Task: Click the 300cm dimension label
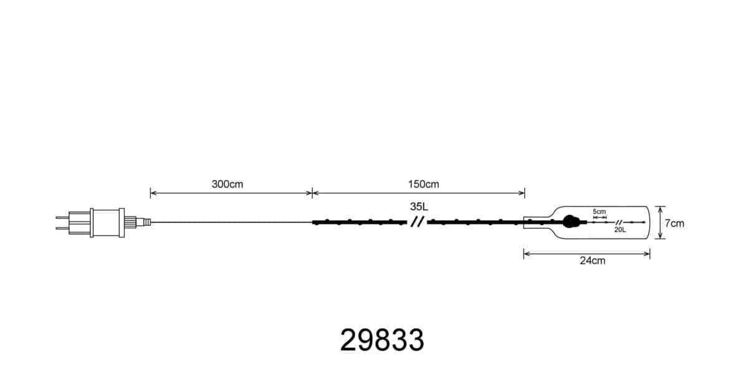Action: pyautogui.click(x=228, y=185)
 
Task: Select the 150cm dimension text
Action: pyautogui.click(x=424, y=185)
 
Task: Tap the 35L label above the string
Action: pyautogui.click(x=420, y=206)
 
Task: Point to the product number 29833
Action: pyautogui.click(x=382, y=341)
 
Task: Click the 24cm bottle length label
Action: pyautogui.click(x=592, y=261)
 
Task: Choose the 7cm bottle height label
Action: pyautogui.click(x=674, y=223)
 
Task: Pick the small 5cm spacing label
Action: pyautogui.click(x=599, y=211)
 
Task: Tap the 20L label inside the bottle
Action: pyautogui.click(x=620, y=230)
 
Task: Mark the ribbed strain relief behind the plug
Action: pyautogui.click(x=131, y=221)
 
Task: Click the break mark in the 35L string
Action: pyautogui.click(x=417, y=221)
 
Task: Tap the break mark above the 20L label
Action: pyautogui.click(x=618, y=222)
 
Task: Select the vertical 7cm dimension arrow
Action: pyautogui.click(x=660, y=223)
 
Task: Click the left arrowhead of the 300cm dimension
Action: pyautogui.click(x=152, y=193)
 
